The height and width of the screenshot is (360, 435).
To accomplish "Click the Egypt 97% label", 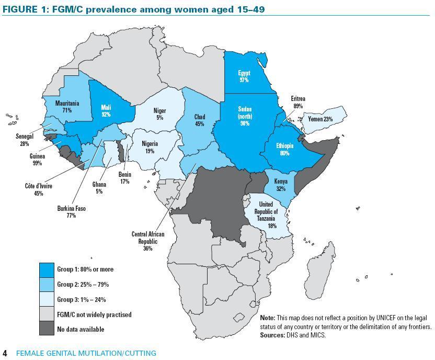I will (x=244, y=76).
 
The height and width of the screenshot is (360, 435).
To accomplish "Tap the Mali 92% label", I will (x=106, y=111).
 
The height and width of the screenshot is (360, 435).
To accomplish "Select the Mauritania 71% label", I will (x=67, y=107).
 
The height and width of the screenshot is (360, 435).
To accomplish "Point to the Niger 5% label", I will (x=159, y=114).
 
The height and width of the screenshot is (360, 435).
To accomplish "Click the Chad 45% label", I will (x=199, y=120).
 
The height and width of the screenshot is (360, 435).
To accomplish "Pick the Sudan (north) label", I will (x=245, y=116).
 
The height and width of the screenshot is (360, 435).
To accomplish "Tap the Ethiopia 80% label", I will (x=284, y=150).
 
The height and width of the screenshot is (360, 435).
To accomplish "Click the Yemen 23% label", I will (x=320, y=119).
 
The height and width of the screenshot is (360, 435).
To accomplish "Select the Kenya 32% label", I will (x=281, y=185).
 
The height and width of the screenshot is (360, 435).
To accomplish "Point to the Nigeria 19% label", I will (x=149, y=147).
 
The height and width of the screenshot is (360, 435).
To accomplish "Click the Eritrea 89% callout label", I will (x=299, y=102).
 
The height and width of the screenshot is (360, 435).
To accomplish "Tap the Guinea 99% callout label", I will (x=37, y=160).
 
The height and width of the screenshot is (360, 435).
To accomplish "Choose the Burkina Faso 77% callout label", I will (x=71, y=212).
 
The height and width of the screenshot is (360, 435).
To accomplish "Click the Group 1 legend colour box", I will (x=47, y=269).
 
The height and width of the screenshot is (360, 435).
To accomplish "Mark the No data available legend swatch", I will (x=47, y=329).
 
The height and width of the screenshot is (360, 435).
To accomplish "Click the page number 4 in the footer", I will (x=5, y=353).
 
